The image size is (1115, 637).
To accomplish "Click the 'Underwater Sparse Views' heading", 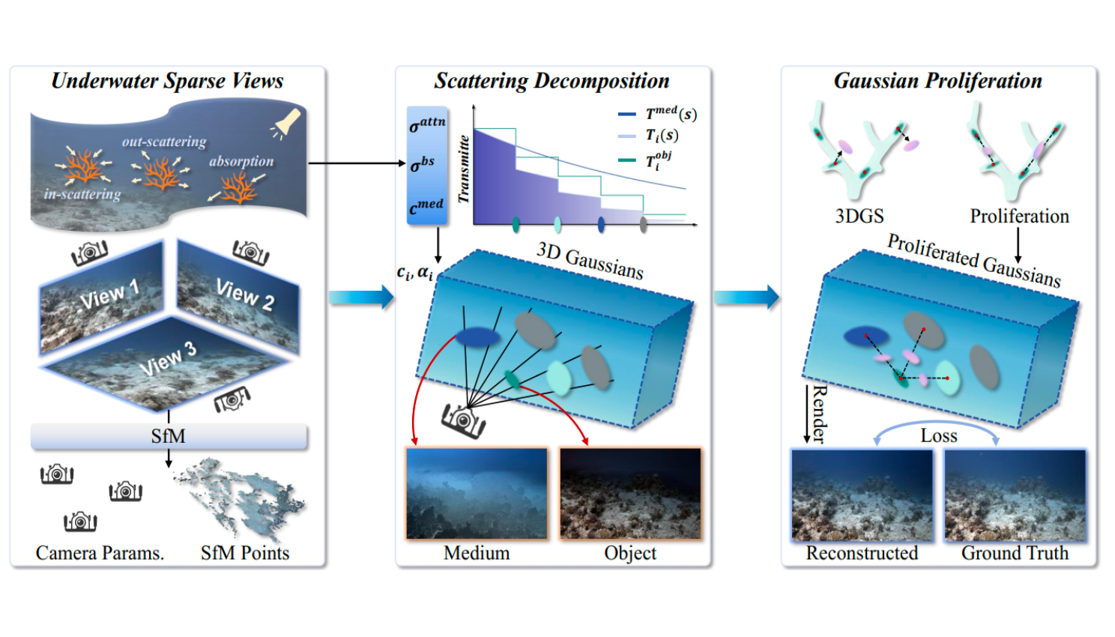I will (167, 81).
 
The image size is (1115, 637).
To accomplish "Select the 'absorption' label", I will (241, 161).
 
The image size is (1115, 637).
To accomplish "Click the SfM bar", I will (169, 435).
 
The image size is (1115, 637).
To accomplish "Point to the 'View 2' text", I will (245, 294).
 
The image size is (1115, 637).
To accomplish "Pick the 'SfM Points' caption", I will (245, 553).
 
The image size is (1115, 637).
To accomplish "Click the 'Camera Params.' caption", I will (100, 553).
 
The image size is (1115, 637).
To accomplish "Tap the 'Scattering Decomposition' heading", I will (552, 81).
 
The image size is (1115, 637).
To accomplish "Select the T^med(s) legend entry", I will (658, 114).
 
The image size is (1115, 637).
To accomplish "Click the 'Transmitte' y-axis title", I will (464, 169).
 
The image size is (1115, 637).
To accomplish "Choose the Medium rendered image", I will (477, 493).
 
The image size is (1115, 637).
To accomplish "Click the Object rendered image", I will (630, 493).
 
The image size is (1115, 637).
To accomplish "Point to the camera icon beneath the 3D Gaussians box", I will (464, 419).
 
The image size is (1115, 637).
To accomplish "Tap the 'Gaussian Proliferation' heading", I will (937, 81).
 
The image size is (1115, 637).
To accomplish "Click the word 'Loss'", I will (939, 435).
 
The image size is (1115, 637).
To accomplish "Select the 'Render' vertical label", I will (820, 414).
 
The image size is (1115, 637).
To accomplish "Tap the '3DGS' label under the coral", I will (859, 216).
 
